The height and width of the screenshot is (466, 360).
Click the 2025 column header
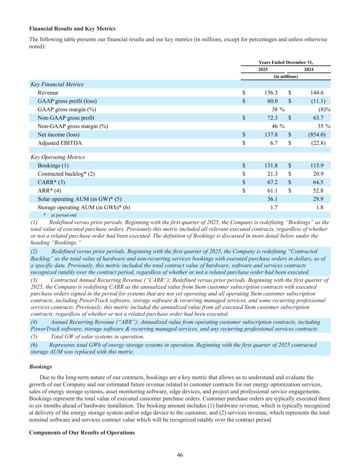coord(263,69)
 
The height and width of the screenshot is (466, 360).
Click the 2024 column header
coord(308,69)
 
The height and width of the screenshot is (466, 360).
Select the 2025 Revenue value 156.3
coord(271,93)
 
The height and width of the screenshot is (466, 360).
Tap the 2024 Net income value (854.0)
coord(314,135)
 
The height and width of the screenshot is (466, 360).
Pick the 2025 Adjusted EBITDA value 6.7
coord(274,143)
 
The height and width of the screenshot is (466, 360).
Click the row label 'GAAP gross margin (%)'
coord(67,109)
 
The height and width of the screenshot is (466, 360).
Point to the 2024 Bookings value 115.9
coord(317,166)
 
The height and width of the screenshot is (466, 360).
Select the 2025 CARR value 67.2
coord(272,182)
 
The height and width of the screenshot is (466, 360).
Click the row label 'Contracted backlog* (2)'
coord(66,174)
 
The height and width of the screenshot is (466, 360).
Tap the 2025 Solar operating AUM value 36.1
coord(272,199)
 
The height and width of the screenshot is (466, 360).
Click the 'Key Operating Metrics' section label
coord(58,157)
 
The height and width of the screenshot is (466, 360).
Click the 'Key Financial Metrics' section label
coord(57,84)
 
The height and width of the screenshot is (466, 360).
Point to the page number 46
coord(180,455)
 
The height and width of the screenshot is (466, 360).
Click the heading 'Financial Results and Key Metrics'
coord(72,29)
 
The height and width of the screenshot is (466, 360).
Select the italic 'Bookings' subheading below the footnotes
coord(41,367)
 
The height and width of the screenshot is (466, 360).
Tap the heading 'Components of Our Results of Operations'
coord(82,433)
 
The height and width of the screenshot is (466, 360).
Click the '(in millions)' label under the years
coord(286,76)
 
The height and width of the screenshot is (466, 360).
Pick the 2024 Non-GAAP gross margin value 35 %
coord(324,126)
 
